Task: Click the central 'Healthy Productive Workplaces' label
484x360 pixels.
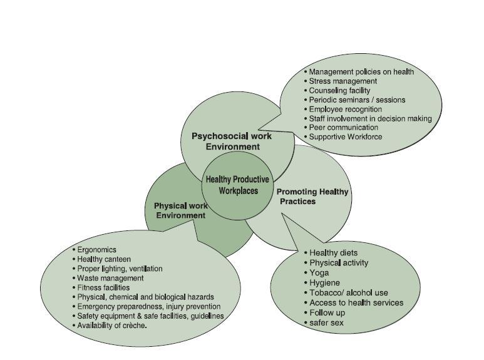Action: [238, 185]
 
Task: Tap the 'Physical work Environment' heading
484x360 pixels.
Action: [180, 210]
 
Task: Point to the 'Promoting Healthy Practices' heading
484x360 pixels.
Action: [312, 197]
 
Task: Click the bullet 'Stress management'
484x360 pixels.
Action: [342, 81]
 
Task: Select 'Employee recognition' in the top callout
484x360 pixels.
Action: [345, 109]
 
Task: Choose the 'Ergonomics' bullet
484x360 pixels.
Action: [96, 250]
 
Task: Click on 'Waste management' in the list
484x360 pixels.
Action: [110, 278]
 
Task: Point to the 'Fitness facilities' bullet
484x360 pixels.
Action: [103, 287]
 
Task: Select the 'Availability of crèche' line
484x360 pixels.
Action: [111, 326]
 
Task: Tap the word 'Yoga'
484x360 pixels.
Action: [319, 273]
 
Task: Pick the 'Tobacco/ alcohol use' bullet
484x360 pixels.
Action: [348, 293]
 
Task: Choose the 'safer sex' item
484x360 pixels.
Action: [326, 323]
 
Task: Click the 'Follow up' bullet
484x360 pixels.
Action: [327, 313]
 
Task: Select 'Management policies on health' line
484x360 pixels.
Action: [361, 72]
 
